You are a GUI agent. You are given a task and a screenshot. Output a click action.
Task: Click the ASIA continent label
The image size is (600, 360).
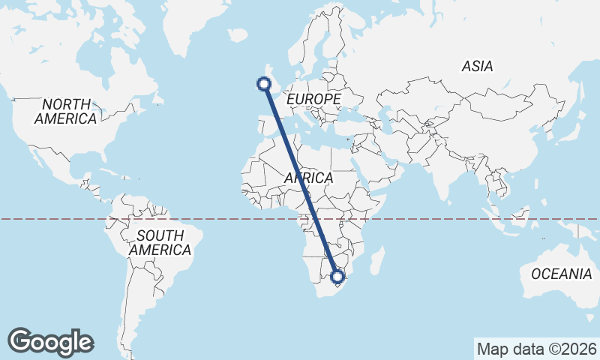[x=477, y=67]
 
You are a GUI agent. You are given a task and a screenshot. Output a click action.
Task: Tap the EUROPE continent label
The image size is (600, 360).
[x=313, y=99]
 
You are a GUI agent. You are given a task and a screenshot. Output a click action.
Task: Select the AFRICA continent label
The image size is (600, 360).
[x=308, y=178]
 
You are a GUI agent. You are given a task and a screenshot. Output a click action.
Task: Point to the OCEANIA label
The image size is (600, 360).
[x=561, y=274]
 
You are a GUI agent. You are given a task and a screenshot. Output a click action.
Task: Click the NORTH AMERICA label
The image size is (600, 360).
[x=66, y=111]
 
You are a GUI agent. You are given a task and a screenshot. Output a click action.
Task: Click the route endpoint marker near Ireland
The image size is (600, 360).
[x=264, y=84]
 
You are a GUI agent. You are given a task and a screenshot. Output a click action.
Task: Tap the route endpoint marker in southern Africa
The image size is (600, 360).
[x=338, y=277]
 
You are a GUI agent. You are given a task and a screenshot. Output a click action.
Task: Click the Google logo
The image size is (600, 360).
[x=51, y=341]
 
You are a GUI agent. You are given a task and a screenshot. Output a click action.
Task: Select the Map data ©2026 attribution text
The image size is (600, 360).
[x=537, y=349]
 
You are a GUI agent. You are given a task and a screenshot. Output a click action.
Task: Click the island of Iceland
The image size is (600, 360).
[x=238, y=34]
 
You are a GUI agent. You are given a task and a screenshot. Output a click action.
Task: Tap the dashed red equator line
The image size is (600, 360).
[x=450, y=219]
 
